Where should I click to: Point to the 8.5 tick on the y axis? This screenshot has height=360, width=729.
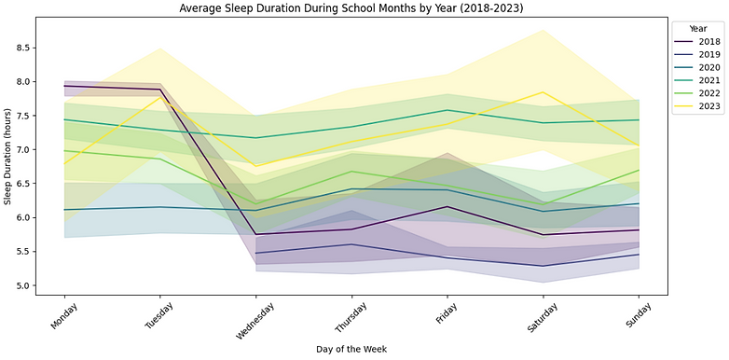[x=23, y=48]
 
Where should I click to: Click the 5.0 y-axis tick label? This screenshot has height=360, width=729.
[x=23, y=285]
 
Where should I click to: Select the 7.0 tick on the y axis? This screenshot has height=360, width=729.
[x=23, y=150]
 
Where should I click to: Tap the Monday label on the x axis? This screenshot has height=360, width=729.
[x=62, y=317]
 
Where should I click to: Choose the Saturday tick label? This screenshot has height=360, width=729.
[x=540, y=318]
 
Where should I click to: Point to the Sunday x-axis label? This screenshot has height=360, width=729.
[x=637, y=316]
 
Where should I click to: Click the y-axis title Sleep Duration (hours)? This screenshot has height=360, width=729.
[x=7, y=157]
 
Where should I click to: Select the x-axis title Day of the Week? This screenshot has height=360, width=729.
[x=351, y=349]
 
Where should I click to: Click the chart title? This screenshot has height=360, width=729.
[x=351, y=7]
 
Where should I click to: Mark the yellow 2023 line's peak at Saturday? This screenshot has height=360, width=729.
[x=543, y=92]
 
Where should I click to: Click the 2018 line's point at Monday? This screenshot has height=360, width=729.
[x=64, y=86]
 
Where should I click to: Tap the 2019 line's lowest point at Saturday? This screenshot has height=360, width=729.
[x=543, y=266]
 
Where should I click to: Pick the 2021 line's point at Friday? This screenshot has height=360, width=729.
[x=447, y=110]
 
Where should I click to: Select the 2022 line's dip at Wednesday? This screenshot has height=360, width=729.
[x=255, y=203]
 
